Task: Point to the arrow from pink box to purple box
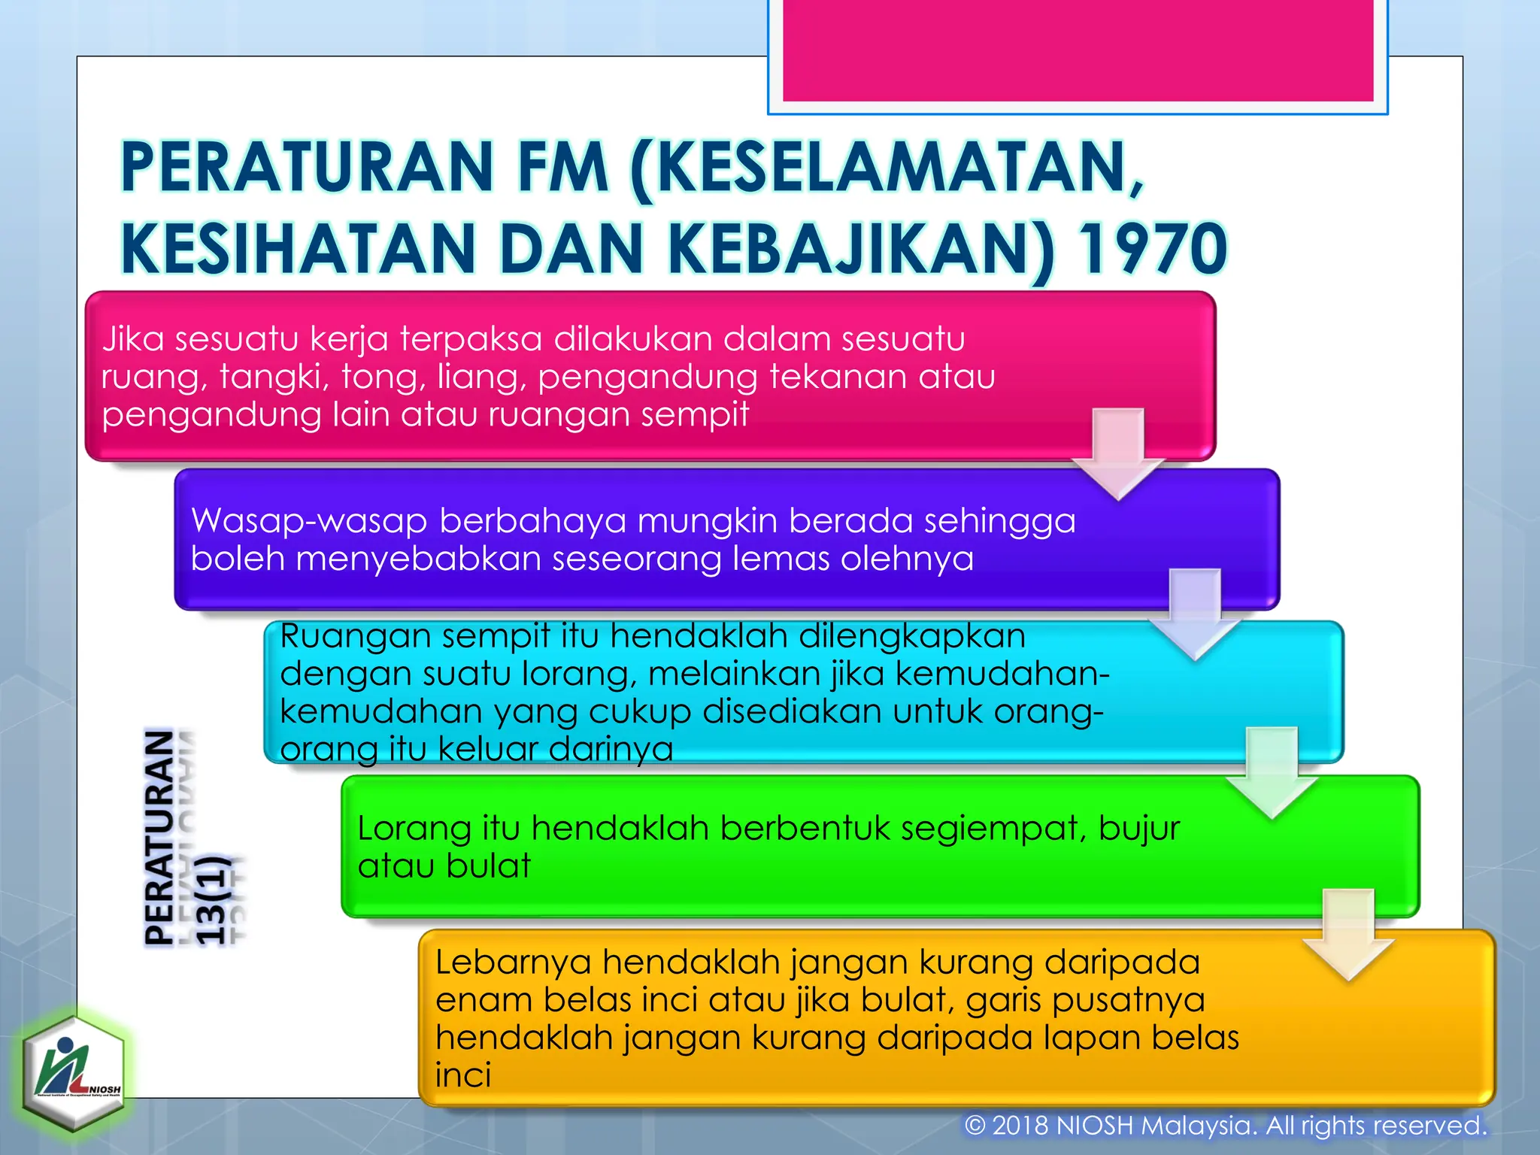(1118, 454)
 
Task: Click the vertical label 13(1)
(211, 899)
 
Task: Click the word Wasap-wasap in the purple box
(309, 521)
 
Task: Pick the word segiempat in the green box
(993, 829)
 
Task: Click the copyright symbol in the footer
(975, 1126)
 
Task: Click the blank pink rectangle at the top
(1078, 50)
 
